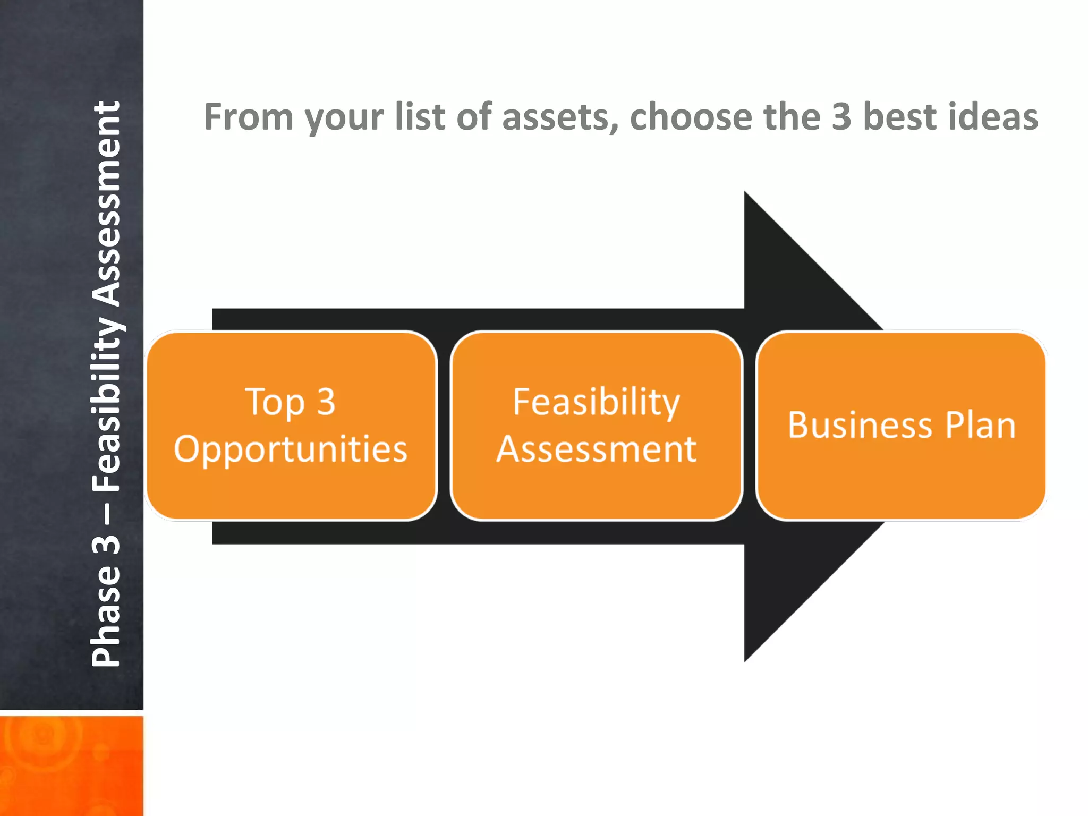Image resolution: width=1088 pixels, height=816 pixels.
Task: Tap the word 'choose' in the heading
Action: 691,117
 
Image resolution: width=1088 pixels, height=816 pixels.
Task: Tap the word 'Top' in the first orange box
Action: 274,402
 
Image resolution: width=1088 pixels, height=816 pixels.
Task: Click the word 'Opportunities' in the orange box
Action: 291,449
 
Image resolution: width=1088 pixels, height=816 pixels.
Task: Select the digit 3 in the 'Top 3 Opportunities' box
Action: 326,402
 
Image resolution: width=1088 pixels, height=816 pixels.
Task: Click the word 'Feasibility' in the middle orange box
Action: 596,402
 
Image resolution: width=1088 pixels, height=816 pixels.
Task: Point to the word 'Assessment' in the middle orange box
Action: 596,449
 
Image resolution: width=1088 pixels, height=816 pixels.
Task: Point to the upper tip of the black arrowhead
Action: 746,193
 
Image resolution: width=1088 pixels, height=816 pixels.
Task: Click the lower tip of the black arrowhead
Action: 746,660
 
